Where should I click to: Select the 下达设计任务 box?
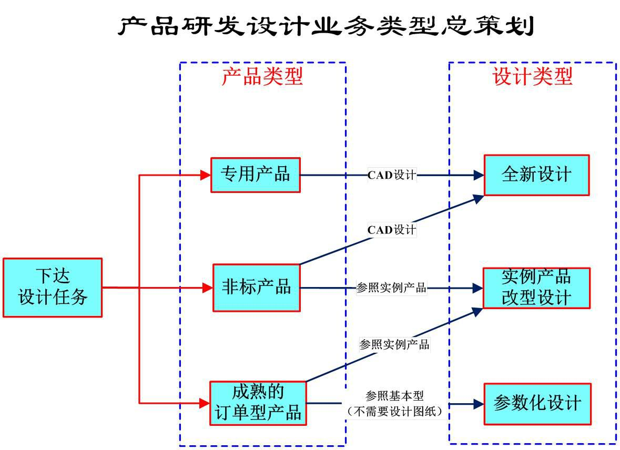click(53, 288)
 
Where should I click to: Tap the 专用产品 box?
click(256, 175)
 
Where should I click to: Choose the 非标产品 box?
click(257, 288)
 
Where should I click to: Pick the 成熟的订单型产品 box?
click(258, 403)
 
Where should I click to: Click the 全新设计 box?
click(536, 175)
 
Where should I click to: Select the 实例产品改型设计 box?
click(536, 288)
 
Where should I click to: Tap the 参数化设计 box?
click(537, 403)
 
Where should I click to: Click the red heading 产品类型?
click(262, 77)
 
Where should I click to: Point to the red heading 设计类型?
click(532, 77)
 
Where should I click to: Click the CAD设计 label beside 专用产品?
click(392, 175)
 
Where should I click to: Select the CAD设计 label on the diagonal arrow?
click(392, 230)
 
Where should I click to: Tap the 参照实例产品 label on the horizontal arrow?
click(391, 288)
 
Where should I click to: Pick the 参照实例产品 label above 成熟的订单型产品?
click(394, 345)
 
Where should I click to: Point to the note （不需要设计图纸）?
click(394, 412)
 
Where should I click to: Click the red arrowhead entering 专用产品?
click(206, 175)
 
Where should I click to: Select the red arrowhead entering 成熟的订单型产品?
click(205, 403)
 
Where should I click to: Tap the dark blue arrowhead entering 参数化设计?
click(479, 404)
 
